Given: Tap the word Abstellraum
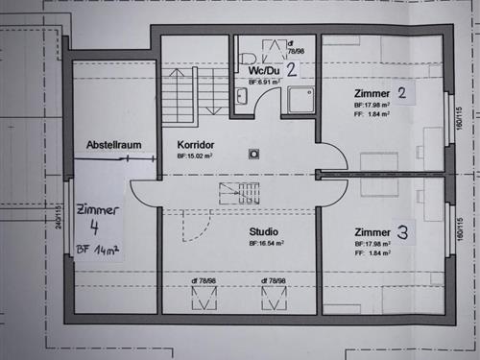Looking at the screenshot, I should coord(114,145).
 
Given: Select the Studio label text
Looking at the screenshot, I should coord(263,231).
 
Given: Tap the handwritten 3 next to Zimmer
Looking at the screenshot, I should coord(402,232).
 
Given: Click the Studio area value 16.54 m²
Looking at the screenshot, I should coord(266,244).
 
